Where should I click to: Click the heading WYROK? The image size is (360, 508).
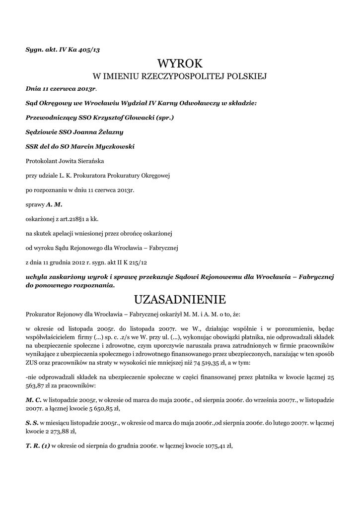180,63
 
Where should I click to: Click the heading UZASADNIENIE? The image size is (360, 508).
180,299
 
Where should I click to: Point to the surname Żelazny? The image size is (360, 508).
108,132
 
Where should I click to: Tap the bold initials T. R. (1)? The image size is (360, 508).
38,445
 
